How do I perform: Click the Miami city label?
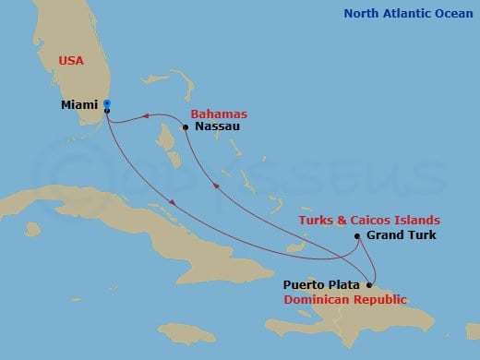coord(80,105)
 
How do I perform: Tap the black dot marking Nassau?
coord(186,127)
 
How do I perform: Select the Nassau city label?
coord(218,126)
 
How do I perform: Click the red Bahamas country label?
coord(219,113)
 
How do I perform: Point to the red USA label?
coord(71,61)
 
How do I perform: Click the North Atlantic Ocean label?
coord(407,13)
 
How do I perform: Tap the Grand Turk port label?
coord(402,236)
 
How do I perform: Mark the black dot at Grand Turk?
coord(357,236)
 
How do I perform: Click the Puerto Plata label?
coord(323,285)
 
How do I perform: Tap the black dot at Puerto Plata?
coord(370,285)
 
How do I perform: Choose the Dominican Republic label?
coord(345,300)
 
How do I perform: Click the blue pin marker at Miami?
coord(107,103)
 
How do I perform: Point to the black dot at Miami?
coord(108,111)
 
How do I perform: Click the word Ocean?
coord(452,13)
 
